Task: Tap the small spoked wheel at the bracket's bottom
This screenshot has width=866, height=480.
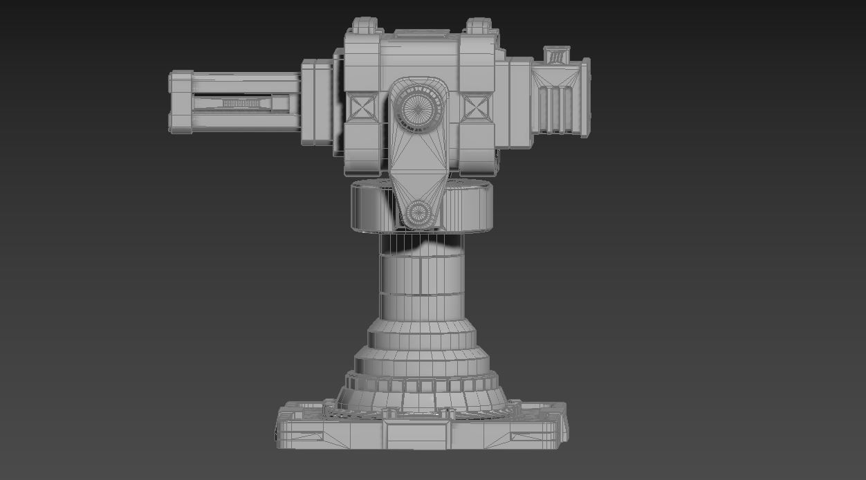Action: point(418,213)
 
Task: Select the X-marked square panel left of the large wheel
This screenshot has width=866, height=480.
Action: point(362,108)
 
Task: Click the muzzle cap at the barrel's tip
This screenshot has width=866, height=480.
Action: point(180,102)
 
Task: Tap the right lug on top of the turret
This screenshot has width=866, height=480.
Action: point(478,27)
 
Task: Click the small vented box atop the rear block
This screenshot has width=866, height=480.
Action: point(556,55)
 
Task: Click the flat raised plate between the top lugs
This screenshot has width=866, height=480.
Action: point(421,33)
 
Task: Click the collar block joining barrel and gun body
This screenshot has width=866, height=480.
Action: point(317,102)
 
